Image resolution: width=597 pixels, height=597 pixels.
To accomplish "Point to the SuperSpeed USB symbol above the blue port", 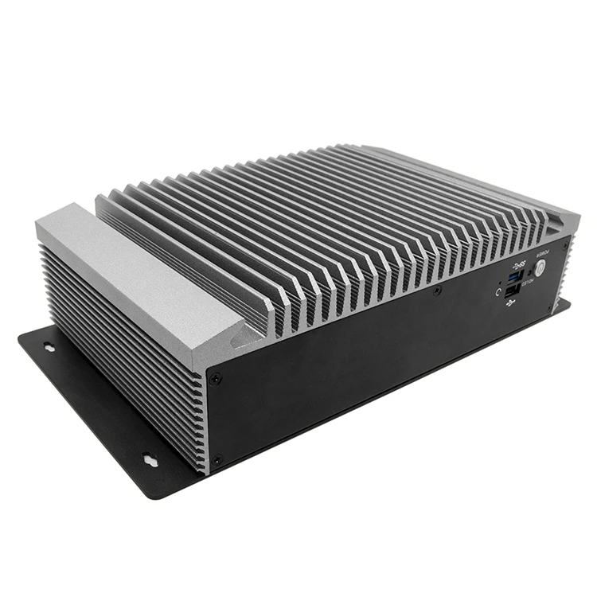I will click(520, 263).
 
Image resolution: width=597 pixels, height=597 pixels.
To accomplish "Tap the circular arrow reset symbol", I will click(498, 291).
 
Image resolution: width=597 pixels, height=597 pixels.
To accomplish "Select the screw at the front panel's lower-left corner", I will click(219, 458).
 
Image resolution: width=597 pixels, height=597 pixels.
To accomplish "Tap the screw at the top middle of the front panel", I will click(437, 292).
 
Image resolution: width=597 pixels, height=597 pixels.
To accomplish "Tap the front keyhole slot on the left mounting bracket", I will click(150, 458).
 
